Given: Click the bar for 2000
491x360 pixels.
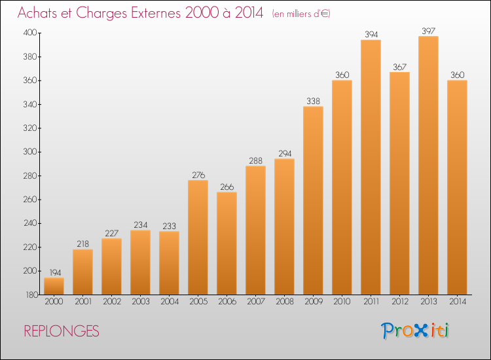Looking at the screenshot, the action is (x=54, y=286).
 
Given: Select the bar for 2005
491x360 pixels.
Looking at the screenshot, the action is (x=198, y=238).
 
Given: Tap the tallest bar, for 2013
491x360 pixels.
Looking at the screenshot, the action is (x=428, y=166).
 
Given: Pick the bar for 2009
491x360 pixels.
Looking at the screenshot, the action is (x=313, y=200).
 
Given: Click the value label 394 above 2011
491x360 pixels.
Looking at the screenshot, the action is (x=371, y=35).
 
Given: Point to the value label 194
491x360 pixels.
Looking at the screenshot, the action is (x=55, y=273).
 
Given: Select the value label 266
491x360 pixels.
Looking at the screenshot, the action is (x=227, y=187).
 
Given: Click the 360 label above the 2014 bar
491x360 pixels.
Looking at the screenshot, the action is (x=457, y=75).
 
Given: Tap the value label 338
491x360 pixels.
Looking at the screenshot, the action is (x=313, y=101).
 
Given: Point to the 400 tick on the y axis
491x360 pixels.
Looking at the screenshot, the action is (x=30, y=33).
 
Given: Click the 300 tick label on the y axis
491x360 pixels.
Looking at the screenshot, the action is (x=30, y=152).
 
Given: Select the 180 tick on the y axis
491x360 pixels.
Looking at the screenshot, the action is (x=31, y=295).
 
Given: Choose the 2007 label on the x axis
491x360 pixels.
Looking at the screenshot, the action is (x=256, y=302).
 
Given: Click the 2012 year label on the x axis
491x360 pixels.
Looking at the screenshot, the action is (x=400, y=302).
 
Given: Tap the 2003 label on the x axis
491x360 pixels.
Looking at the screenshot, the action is (x=141, y=302).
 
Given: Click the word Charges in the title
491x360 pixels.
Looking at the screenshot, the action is (x=101, y=13).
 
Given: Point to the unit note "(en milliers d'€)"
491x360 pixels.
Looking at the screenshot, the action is (x=301, y=14).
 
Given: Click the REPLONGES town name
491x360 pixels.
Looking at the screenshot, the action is (x=62, y=331).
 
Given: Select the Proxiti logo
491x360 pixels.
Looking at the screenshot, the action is (x=415, y=331).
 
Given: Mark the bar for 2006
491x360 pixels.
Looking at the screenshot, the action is (x=227, y=243).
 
